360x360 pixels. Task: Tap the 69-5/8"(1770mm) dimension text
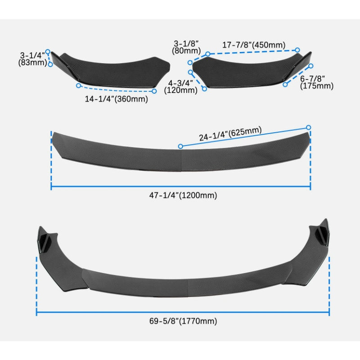point(184,321)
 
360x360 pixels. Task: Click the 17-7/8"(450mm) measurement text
point(254,45)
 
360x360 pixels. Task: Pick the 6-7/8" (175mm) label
point(317,82)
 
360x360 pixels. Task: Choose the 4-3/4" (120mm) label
point(181,86)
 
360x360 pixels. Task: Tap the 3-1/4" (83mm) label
point(33,59)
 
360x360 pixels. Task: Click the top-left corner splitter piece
point(108,67)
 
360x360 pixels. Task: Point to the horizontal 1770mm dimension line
point(183,311)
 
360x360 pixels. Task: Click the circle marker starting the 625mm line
point(180,146)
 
